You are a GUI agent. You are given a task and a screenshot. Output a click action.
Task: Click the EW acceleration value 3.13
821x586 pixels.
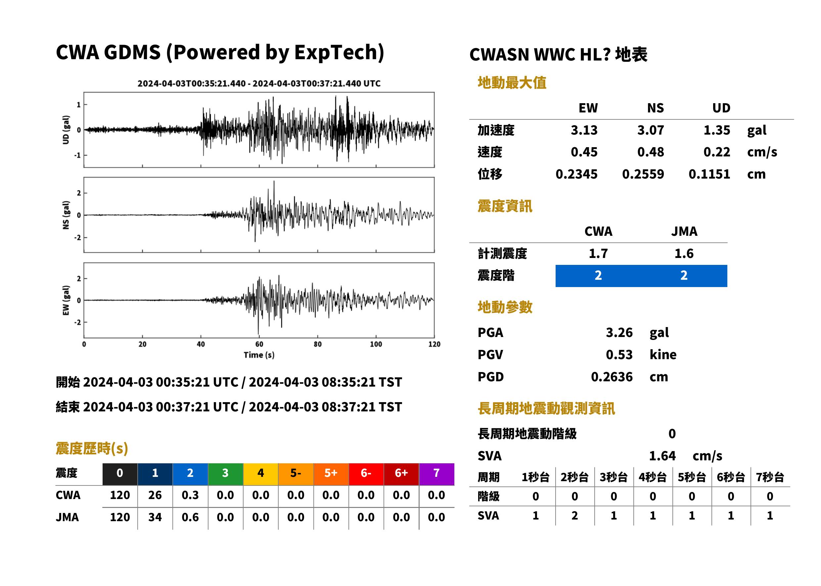(x=584, y=130)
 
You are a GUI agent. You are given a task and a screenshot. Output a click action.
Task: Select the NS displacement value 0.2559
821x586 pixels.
(x=643, y=174)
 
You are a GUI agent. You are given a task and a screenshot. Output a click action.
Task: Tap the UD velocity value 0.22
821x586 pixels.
(x=716, y=152)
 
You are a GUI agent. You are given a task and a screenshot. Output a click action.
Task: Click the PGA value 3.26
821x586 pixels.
(x=619, y=332)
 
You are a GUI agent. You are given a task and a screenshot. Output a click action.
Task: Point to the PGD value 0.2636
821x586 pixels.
(x=612, y=377)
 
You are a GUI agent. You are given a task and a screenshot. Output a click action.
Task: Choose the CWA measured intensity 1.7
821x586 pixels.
(x=598, y=253)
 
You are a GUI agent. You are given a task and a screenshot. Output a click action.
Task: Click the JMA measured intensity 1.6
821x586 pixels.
(x=684, y=253)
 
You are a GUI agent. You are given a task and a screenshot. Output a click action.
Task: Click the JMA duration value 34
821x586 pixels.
(x=155, y=517)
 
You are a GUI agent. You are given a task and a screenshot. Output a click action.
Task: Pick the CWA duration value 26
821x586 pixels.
(x=155, y=495)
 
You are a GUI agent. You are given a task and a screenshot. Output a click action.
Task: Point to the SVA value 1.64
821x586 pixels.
(x=662, y=456)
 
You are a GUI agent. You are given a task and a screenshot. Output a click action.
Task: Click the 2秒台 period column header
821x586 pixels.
(x=574, y=477)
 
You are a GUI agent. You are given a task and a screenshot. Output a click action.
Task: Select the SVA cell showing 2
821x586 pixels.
(x=574, y=515)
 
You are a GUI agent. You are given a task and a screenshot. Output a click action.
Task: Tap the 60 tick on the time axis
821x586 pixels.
(x=259, y=344)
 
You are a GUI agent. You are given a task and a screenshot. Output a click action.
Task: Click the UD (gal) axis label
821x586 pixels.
(x=66, y=130)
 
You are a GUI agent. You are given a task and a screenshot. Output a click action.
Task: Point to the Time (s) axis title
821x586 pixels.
(x=259, y=355)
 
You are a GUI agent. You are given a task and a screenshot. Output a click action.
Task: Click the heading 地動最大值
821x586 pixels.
(x=512, y=83)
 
